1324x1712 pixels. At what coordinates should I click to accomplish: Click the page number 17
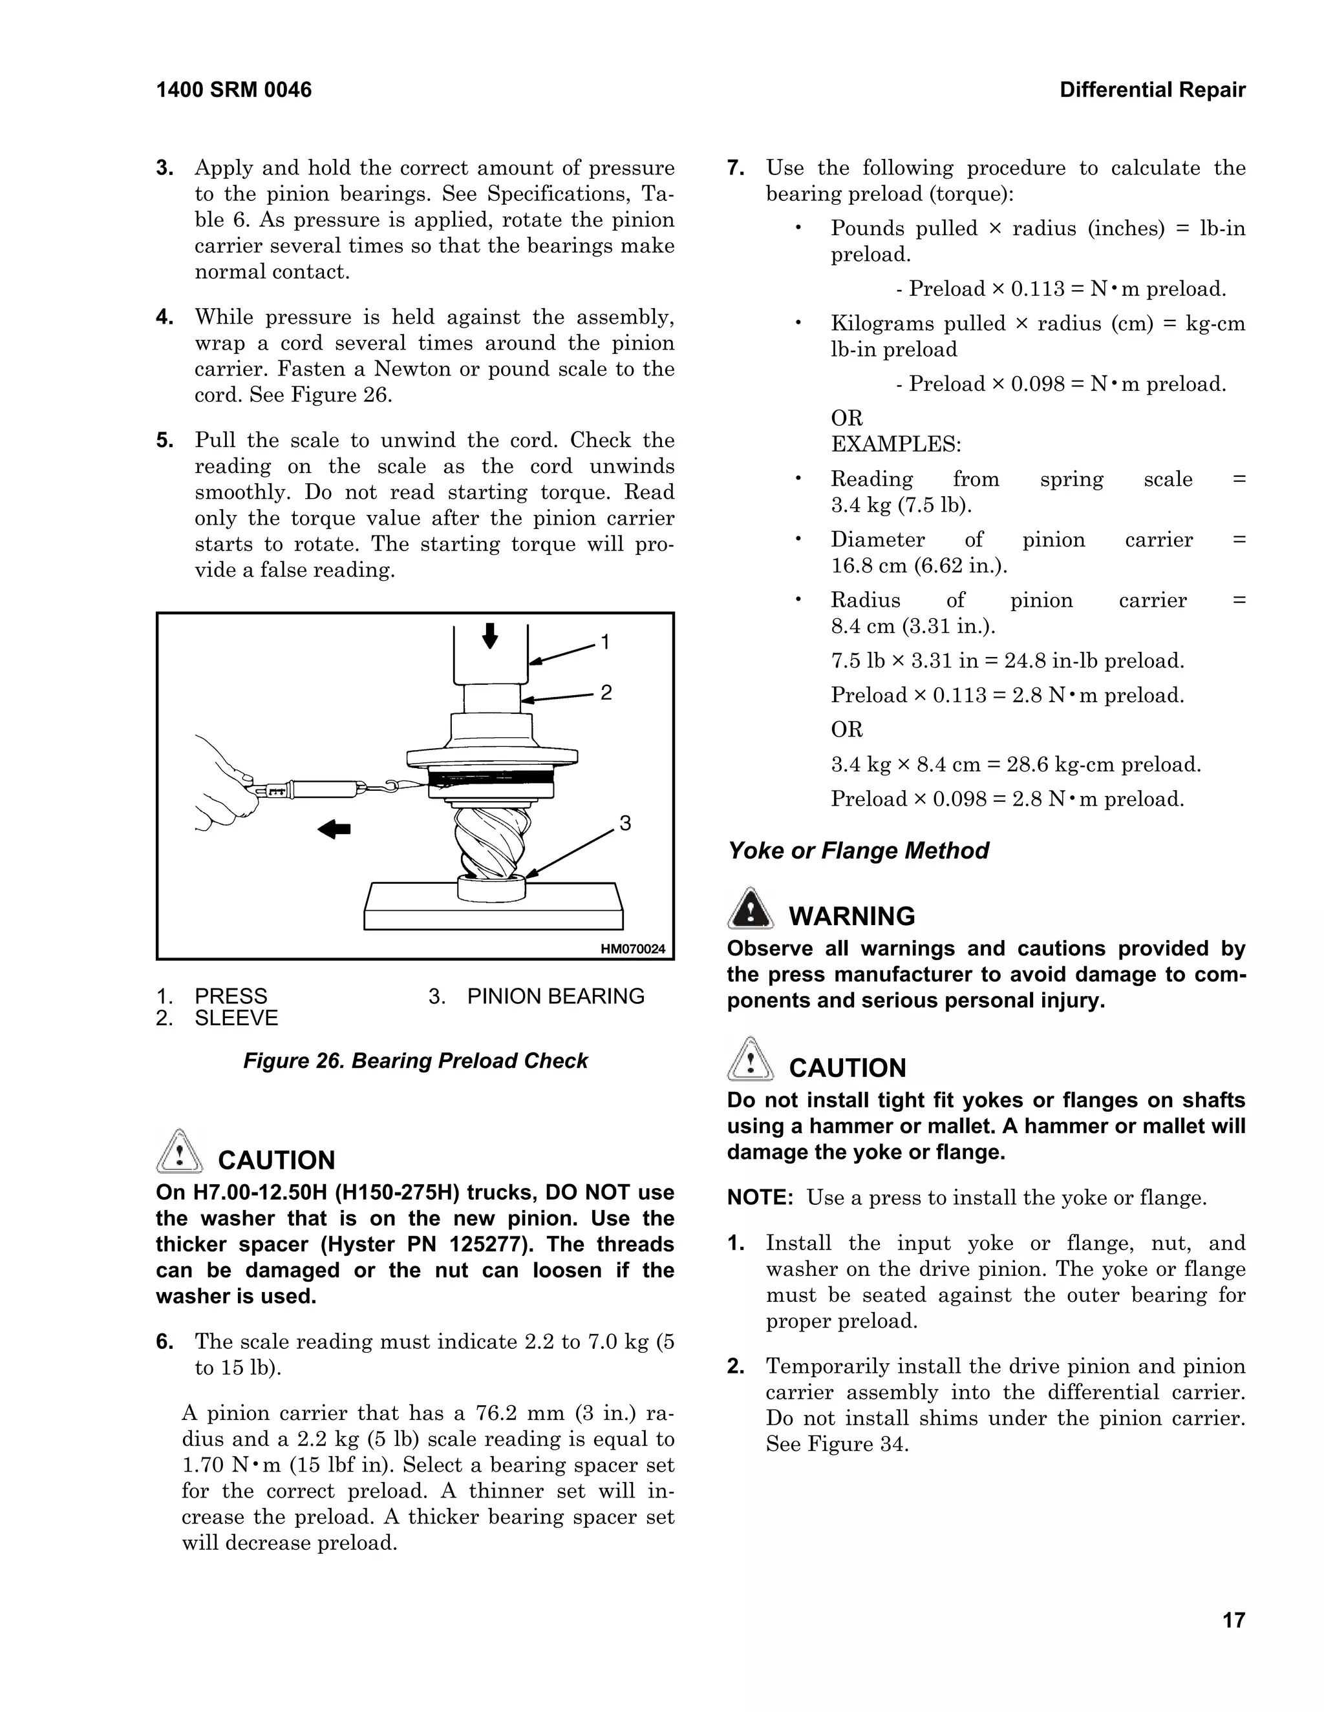(1233, 1620)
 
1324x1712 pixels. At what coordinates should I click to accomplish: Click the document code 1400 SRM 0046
(234, 90)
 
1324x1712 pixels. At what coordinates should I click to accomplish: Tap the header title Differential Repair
(1151, 90)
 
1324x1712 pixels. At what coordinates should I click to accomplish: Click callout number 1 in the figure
(604, 643)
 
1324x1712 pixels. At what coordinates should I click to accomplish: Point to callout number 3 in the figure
(625, 823)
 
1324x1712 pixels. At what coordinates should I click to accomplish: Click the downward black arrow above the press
(490, 636)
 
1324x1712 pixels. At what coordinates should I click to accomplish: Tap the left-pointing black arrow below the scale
(334, 829)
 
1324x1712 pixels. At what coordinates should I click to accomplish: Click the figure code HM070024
(632, 949)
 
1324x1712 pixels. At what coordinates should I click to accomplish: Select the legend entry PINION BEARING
(555, 996)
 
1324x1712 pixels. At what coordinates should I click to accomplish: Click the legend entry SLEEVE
(236, 1018)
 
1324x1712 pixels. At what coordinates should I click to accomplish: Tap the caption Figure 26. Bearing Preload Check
(415, 1061)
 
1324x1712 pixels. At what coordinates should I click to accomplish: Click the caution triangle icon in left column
(180, 1151)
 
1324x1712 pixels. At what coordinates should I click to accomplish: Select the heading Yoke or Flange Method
(858, 851)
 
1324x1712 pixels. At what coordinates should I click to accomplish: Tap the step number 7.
(735, 168)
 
